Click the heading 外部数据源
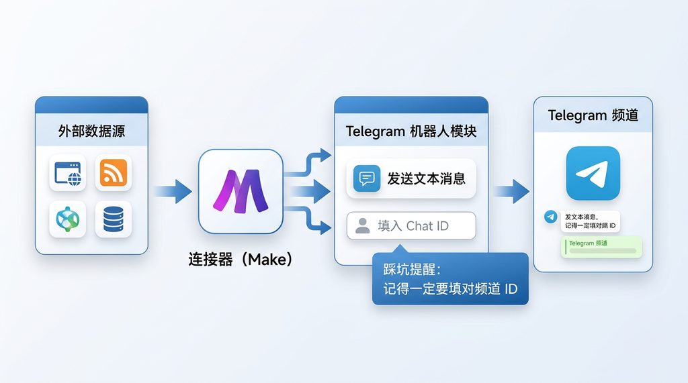[91, 131]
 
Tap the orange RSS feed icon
[113, 173]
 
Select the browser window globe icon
[68, 173]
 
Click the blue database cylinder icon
[113, 219]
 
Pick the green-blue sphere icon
[68, 219]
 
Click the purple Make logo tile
[241, 191]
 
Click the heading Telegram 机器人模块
[411, 131]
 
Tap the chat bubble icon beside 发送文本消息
[367, 178]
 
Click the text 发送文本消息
[427, 178]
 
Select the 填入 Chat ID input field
[411, 226]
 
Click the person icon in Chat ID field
[363, 226]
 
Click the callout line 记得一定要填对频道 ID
[449, 289]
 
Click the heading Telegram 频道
[593, 115]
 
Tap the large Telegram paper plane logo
[593, 173]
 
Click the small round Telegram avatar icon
[551, 217]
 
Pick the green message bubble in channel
[601, 246]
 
